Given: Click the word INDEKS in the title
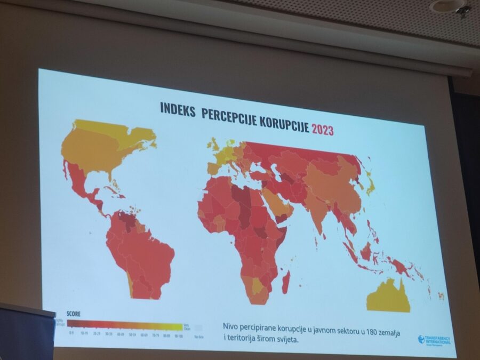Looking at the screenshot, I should click(178, 108).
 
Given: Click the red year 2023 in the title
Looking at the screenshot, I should click(323, 129).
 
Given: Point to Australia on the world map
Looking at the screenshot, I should click(388, 297).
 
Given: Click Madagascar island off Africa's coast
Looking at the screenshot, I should click(286, 282).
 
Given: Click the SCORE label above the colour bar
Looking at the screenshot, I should click(74, 314).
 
